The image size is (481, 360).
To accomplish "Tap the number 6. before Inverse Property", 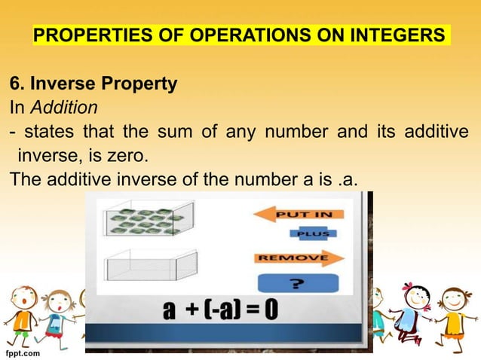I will [x=16, y=83].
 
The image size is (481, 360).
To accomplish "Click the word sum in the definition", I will [x=170, y=133].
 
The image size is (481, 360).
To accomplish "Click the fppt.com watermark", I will [x=23, y=351].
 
